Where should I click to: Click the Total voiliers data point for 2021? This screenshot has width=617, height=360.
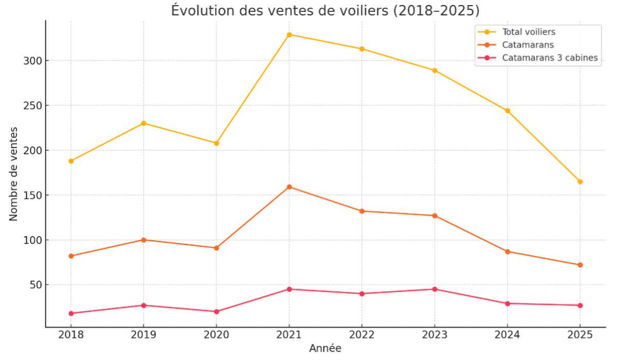(289, 35)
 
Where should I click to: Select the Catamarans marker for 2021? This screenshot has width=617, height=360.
(289, 187)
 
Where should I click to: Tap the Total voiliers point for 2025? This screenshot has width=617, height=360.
(580, 182)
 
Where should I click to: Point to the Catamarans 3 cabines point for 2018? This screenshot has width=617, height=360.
(71, 313)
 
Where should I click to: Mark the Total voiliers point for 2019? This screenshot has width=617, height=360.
(143, 123)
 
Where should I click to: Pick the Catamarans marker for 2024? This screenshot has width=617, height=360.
(507, 251)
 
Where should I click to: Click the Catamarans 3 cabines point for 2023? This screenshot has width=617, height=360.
(435, 289)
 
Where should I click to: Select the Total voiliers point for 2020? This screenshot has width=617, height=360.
(216, 143)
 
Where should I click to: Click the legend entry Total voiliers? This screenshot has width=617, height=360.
(529, 32)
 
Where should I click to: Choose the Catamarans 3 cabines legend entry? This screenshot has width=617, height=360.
(550, 58)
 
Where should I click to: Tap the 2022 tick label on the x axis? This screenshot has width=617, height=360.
(362, 335)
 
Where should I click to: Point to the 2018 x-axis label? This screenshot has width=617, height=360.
(71, 335)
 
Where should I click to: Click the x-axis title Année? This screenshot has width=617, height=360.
(325, 349)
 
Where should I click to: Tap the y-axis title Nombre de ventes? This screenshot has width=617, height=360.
(14, 174)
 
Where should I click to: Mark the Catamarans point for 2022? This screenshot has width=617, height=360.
(362, 211)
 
